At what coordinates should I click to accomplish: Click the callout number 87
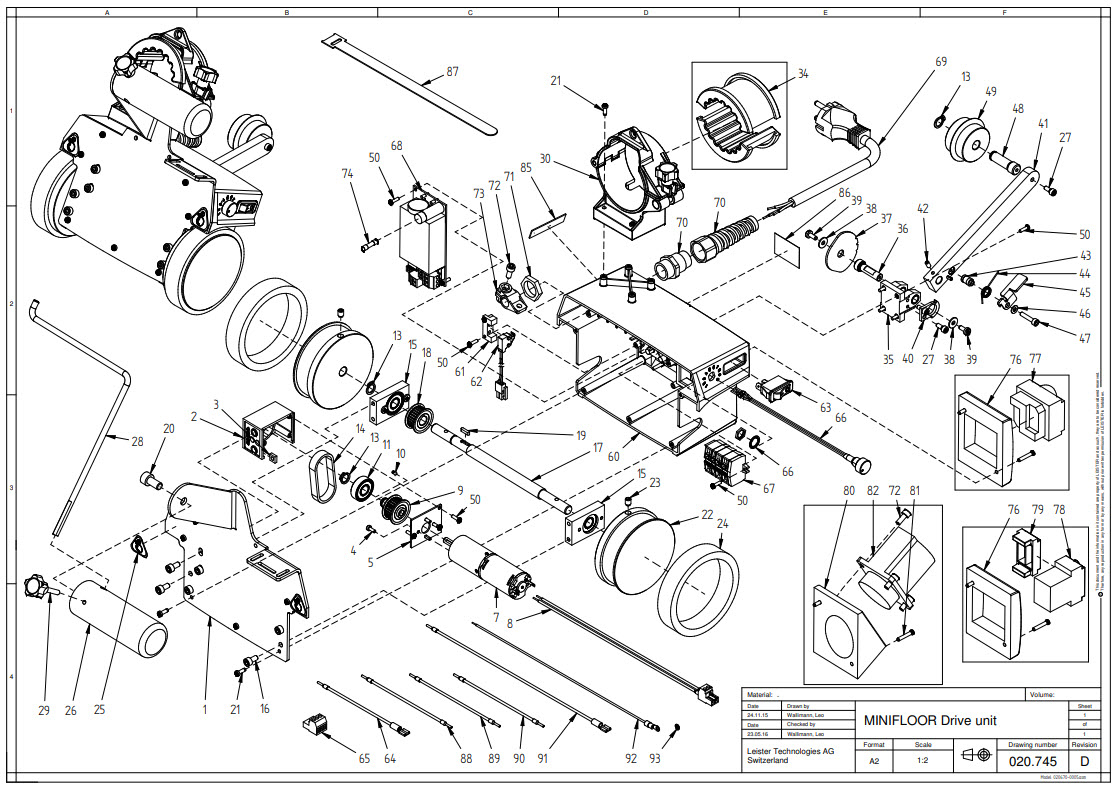[452, 72]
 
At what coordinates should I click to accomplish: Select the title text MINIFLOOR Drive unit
[931, 720]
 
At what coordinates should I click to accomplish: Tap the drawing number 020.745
[1033, 761]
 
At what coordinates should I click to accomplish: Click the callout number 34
[803, 75]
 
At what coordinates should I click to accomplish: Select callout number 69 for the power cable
[940, 62]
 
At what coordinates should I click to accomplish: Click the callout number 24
[723, 522]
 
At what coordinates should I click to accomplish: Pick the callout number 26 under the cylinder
[70, 710]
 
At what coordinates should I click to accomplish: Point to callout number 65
[364, 759]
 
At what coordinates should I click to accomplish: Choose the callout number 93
[655, 759]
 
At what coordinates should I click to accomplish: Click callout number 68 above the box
[397, 146]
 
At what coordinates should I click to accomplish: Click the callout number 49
[990, 91]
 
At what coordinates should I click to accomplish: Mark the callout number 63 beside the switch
[825, 408]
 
